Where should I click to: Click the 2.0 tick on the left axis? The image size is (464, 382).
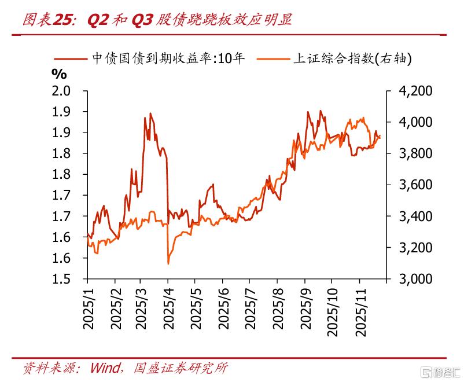pyautogui.click(x=61, y=91)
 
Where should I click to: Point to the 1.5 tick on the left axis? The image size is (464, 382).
pyautogui.click(x=61, y=279)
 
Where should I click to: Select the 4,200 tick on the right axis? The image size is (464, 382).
pyautogui.click(x=415, y=91)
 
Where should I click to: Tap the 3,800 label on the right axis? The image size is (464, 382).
pyautogui.click(x=415, y=153)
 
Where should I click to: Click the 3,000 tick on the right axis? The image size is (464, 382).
pyautogui.click(x=415, y=279)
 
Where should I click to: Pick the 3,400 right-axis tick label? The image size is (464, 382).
pyautogui.click(x=415, y=216)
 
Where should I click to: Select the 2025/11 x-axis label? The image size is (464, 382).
pyautogui.click(x=360, y=312)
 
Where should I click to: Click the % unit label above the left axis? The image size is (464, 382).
pyautogui.click(x=59, y=74)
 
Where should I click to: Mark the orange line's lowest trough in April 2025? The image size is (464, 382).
pyautogui.click(x=168, y=263)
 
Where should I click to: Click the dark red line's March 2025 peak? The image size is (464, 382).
pyautogui.click(x=150, y=113)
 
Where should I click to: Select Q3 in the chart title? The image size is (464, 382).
pyautogui.click(x=142, y=20)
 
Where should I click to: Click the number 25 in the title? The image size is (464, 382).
pyautogui.click(x=62, y=20)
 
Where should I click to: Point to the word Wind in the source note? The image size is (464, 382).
pyautogui.click(x=105, y=368)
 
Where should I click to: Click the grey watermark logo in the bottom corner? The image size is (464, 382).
pyautogui.click(x=441, y=372)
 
